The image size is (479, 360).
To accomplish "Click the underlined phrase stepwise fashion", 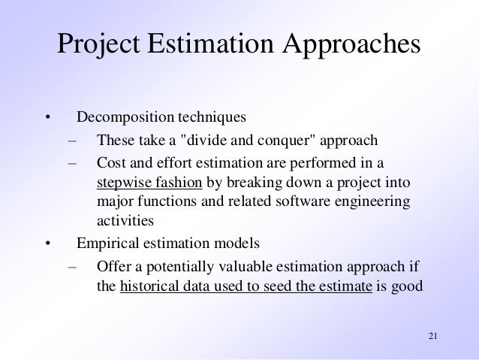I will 150,183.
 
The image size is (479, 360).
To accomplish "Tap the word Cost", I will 111,162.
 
